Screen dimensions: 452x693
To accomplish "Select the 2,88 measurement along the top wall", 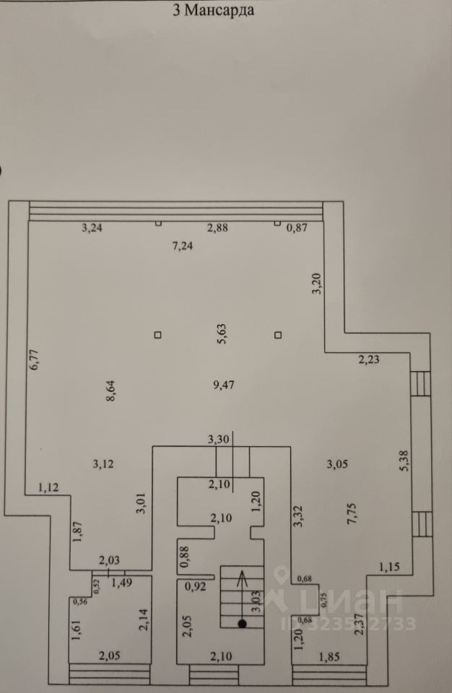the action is pyautogui.click(x=217, y=228).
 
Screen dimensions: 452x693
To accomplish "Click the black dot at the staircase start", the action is pyautogui.click(x=243, y=623).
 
